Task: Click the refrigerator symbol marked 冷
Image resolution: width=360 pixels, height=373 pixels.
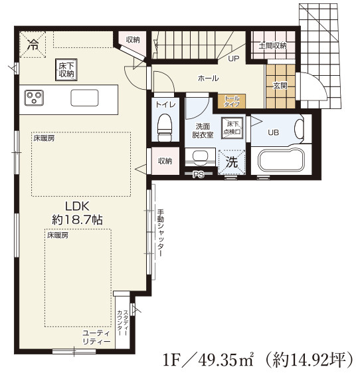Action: click(x=33, y=45)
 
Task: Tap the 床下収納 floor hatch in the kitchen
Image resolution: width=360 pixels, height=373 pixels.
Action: click(x=66, y=69)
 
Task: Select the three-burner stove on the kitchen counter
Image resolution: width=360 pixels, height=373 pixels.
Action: click(x=34, y=98)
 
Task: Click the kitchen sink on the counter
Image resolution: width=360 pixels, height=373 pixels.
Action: click(x=84, y=98)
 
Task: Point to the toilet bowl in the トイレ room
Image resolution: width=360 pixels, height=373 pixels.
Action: click(x=165, y=127)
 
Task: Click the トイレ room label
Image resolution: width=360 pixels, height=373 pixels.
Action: click(x=165, y=104)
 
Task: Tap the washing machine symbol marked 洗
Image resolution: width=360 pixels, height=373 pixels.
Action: click(x=232, y=162)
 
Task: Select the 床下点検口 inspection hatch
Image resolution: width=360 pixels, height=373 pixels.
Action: click(x=232, y=128)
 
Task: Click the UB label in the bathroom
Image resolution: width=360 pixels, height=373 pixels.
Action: click(x=273, y=132)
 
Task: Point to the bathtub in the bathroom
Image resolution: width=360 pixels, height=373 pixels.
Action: click(x=282, y=160)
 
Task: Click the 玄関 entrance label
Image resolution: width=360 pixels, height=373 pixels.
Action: click(x=280, y=85)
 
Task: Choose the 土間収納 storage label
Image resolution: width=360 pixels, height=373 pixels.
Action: click(x=272, y=45)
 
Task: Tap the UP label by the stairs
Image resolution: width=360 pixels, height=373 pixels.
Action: click(x=234, y=59)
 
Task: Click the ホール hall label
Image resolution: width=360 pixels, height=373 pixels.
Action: click(x=208, y=78)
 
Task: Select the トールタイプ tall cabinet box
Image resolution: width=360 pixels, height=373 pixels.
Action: click(x=232, y=101)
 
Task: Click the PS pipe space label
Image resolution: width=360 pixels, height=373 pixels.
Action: click(x=199, y=175)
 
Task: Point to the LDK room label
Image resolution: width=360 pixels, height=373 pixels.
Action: click(x=77, y=206)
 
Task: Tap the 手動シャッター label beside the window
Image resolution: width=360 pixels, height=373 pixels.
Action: click(x=161, y=233)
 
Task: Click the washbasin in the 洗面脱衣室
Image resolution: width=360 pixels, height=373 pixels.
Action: click(x=201, y=157)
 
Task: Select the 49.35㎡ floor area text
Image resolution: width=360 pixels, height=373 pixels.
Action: click(x=227, y=360)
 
